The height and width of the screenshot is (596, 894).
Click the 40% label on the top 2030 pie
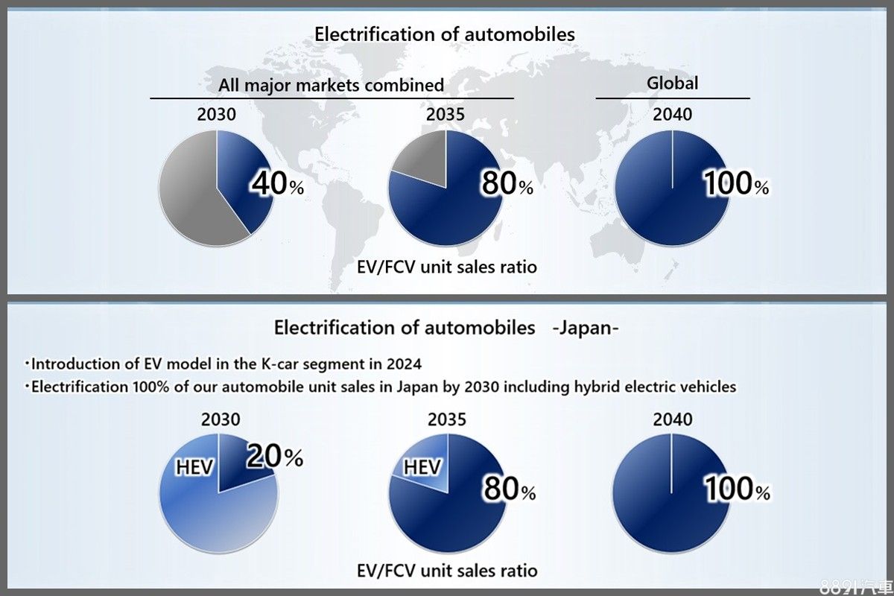point(276,183)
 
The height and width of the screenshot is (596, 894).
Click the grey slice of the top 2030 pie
point(190,190)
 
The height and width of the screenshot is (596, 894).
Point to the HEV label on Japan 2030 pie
point(194,467)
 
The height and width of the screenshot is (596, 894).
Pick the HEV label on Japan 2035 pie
point(422,467)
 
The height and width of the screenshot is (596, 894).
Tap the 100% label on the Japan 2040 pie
point(737,489)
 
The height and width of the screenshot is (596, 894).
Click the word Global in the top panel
point(672,83)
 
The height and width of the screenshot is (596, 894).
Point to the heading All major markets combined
point(331,85)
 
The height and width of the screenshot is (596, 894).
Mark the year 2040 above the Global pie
point(672,114)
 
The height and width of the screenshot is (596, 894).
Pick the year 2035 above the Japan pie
point(446,419)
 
